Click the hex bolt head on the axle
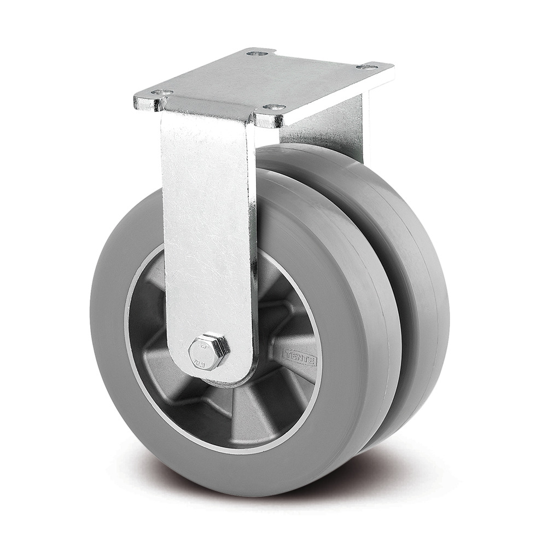tap(208, 347)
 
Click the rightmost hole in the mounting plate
tap(366, 67)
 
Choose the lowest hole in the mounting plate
tap(274, 107)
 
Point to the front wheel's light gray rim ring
tap(130, 350)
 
